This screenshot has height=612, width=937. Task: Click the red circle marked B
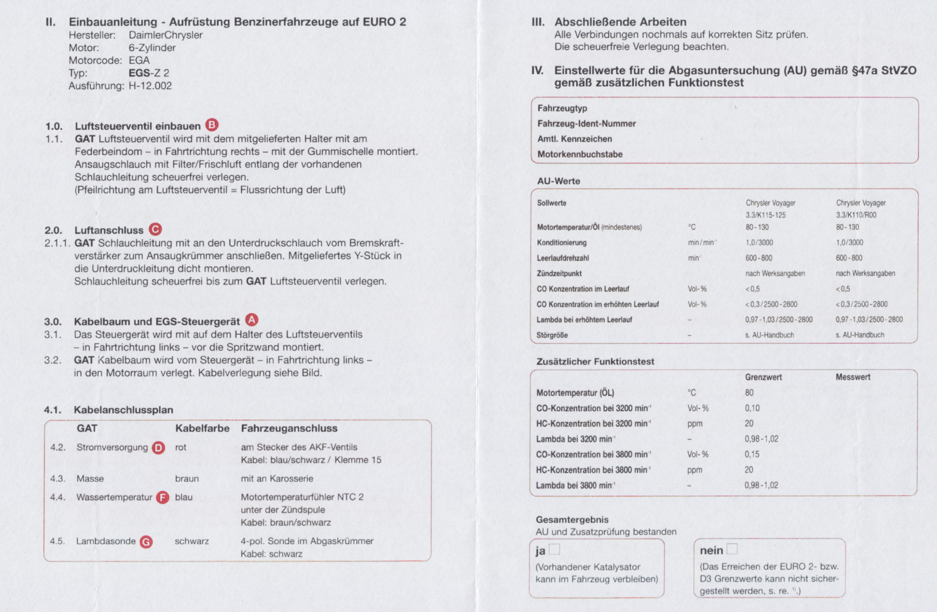click(212, 125)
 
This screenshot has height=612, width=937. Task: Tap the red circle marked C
click(155, 229)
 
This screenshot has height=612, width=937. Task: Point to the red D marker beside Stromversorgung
click(158, 448)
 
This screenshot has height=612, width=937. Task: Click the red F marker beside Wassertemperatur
click(163, 497)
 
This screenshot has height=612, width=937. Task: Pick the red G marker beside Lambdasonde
click(146, 542)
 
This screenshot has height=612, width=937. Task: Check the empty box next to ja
click(554, 549)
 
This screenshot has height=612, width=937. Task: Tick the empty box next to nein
click(732, 549)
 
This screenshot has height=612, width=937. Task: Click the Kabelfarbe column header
click(202, 428)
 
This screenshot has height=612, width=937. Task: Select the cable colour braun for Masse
click(187, 478)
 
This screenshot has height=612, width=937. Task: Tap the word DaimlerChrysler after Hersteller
click(166, 35)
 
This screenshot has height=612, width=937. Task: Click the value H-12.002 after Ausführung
click(150, 86)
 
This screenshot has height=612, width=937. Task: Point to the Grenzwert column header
click(763, 377)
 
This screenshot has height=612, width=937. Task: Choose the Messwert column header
click(853, 377)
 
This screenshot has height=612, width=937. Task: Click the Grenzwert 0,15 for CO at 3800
click(752, 454)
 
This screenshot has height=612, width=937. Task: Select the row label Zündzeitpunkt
click(559, 273)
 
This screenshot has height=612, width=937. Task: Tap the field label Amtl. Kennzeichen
click(575, 139)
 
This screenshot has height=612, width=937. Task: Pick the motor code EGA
click(139, 60)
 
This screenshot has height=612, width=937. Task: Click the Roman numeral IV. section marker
click(537, 71)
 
